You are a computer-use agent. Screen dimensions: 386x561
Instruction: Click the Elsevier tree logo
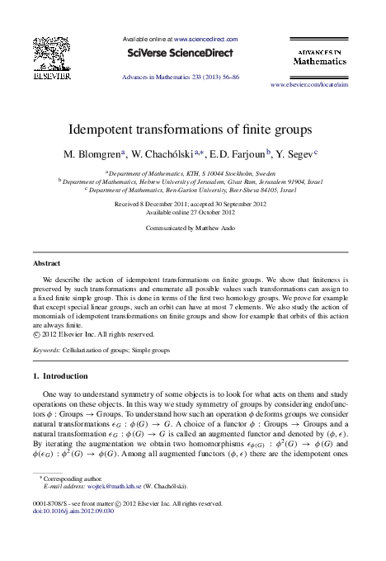(x=52, y=58)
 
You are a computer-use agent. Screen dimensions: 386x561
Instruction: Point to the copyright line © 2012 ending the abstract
(x=93, y=334)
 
